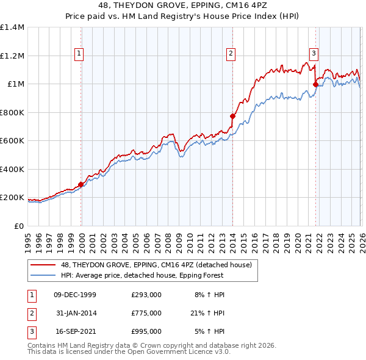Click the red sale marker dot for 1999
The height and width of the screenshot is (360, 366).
tap(81, 184)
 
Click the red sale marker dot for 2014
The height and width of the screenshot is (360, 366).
tap(232, 116)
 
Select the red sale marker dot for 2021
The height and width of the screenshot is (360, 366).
tap(315, 85)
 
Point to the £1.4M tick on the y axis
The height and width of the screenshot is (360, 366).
tap(12, 27)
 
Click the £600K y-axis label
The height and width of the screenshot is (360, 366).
tap(12, 141)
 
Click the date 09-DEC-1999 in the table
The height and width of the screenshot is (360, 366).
tap(75, 294)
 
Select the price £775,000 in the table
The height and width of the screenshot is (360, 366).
tap(146, 313)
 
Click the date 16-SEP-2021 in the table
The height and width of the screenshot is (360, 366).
tap(75, 331)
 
